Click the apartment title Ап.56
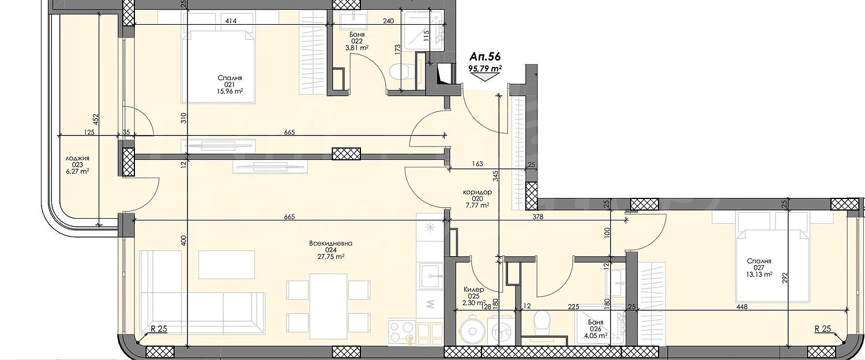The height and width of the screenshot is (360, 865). pos(485,57)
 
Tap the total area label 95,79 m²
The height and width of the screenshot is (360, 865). pos(485,69)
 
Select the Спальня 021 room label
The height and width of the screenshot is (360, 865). pos(230,85)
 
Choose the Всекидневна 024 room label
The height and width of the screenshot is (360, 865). pos(330,250)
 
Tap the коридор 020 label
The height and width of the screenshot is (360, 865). pos(477,198)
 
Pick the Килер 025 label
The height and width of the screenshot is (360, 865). pos(475,296)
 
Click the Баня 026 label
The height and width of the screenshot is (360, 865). pos(596,328)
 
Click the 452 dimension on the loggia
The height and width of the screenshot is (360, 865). pos(95,120)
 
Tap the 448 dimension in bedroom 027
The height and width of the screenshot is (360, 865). pos(742,307)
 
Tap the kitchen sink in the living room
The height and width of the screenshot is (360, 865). pos(431,276)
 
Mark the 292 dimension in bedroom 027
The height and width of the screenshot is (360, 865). pos(785,279)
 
